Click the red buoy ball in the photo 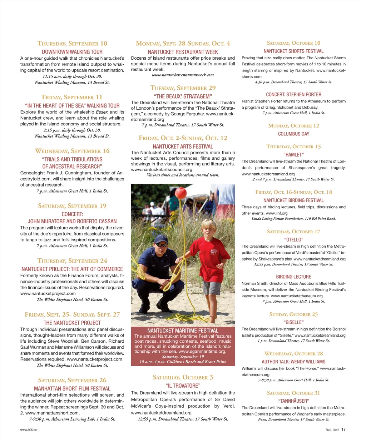tap(180, 193)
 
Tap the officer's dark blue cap tap(161, 238)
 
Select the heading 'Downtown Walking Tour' tap(72, 52)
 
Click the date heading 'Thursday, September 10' tap(72, 44)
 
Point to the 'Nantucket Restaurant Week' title tap(183, 52)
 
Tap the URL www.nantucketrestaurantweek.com tap(183, 75)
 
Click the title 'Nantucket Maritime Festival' tap(183, 331)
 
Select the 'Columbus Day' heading tap(293, 134)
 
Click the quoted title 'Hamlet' tap(293, 155)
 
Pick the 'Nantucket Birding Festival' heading tap(293, 200)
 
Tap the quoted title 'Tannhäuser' tap(293, 401)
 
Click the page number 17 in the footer tap(343, 429)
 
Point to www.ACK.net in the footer tap(29, 430)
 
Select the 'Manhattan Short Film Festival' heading tap(72, 388)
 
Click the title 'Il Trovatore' tap(183, 386)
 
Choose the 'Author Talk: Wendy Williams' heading tap(293, 362)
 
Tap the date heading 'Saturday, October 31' tap(293, 393)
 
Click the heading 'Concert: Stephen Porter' tap(293, 95)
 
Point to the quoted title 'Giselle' tap(293, 322)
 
